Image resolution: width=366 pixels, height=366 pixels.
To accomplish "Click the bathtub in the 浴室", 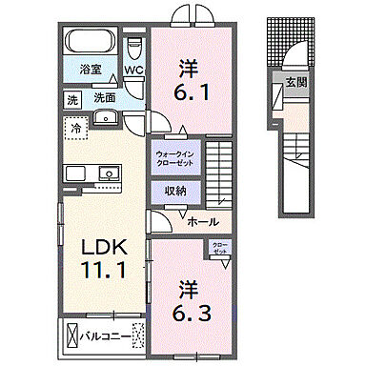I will pos(91,43).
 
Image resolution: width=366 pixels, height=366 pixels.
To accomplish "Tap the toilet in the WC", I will pos(135,46).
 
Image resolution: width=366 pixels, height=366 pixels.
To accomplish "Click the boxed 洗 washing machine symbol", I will pos(72,97).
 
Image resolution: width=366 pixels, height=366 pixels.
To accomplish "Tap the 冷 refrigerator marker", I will pos(74,126).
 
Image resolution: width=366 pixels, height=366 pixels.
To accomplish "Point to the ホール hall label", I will pos(202,222).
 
